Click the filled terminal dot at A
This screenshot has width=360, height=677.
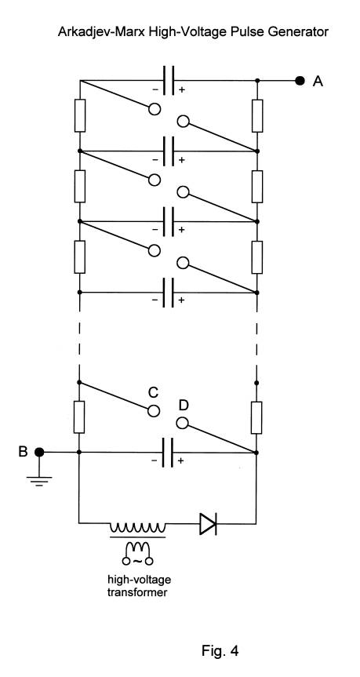(x=300, y=80)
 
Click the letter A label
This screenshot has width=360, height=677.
(x=318, y=81)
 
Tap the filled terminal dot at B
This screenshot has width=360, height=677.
(x=39, y=452)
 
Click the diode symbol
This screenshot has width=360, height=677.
(x=208, y=524)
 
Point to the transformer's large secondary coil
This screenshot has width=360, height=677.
(x=137, y=528)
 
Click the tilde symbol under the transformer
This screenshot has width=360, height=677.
(x=138, y=561)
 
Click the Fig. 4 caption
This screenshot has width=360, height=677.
(x=220, y=650)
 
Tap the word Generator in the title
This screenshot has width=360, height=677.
(x=301, y=32)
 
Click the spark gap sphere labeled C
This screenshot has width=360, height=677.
(x=154, y=411)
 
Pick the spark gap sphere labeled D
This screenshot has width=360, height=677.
(x=183, y=424)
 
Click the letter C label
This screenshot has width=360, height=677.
(x=153, y=392)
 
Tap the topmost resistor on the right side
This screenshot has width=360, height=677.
(x=257, y=116)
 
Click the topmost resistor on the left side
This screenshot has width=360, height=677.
(x=80, y=115)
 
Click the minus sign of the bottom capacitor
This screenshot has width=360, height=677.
(x=155, y=461)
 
